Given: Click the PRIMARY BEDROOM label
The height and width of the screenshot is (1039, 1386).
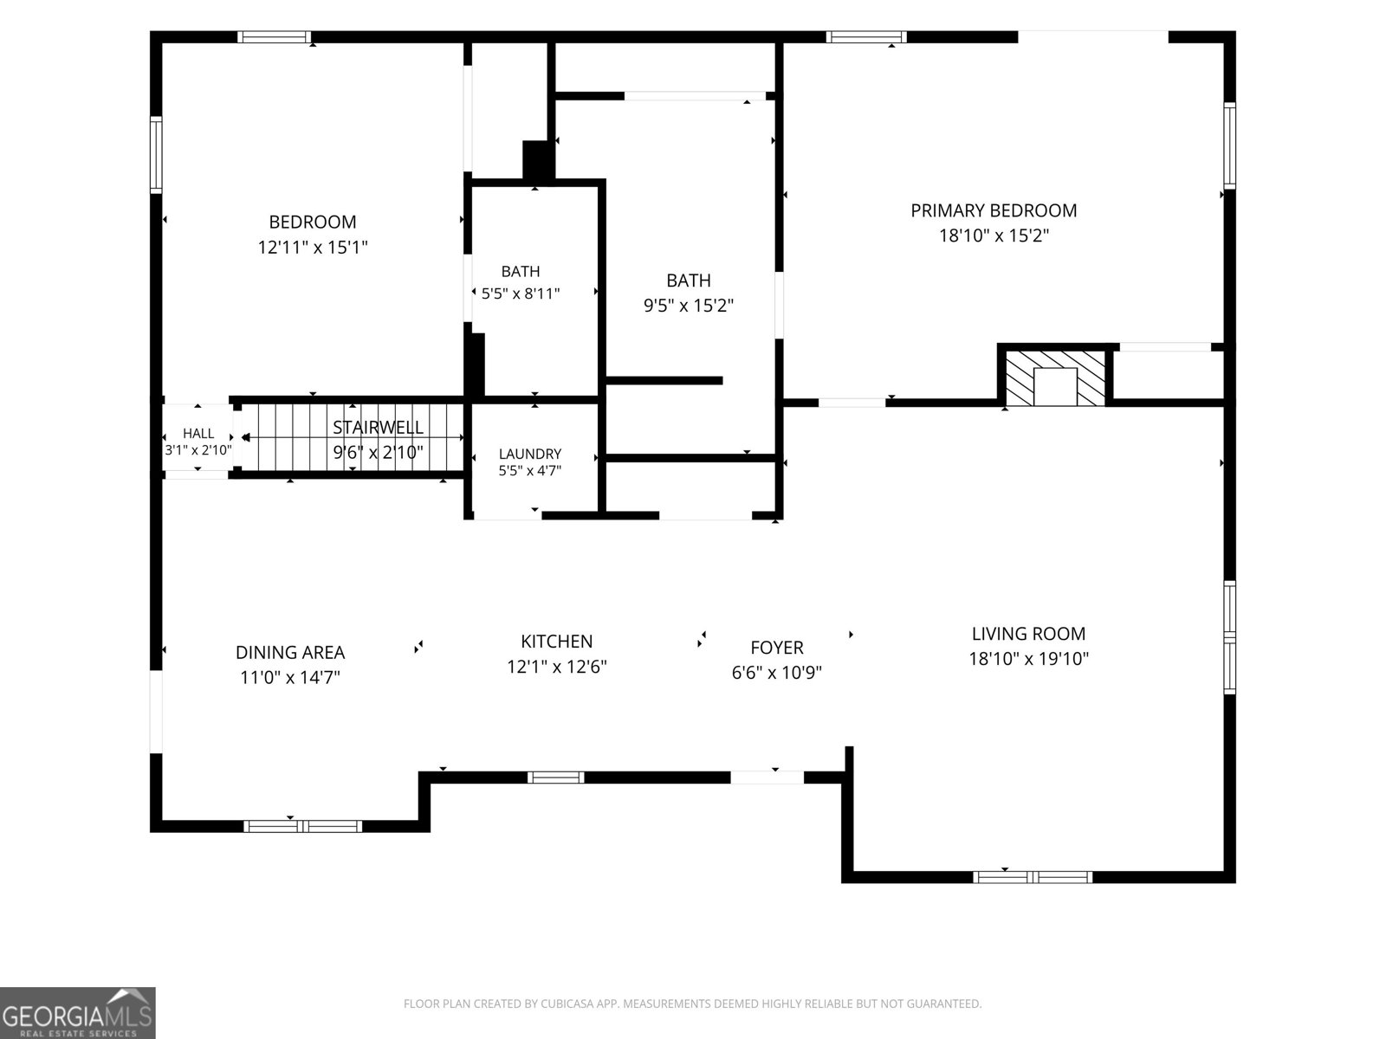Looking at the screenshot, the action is (x=994, y=210).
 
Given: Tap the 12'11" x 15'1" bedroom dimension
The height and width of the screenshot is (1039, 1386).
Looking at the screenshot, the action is (x=313, y=248).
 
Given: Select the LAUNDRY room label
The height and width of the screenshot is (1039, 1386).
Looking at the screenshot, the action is (x=530, y=454).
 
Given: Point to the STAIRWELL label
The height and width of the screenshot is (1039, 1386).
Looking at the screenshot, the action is (x=378, y=427).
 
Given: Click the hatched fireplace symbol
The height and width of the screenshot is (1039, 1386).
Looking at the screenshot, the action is (x=1054, y=378).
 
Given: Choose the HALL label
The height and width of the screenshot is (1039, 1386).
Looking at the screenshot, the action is (x=198, y=434).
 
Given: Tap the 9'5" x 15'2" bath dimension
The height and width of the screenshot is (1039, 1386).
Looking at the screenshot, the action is (x=689, y=306).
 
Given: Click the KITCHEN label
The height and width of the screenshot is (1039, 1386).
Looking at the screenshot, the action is (x=556, y=642).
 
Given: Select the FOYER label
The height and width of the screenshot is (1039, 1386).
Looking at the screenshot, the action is (x=777, y=648).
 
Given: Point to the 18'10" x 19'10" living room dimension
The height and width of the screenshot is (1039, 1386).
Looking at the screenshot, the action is (x=1028, y=659).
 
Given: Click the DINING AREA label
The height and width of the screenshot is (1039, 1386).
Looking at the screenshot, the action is (x=290, y=652).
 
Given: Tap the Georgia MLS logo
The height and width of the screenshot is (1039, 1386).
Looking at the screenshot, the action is (x=78, y=1013).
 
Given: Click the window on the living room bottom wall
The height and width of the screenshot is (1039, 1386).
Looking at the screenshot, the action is (x=1033, y=877).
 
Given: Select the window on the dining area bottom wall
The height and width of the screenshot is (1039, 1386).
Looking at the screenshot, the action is (x=302, y=826).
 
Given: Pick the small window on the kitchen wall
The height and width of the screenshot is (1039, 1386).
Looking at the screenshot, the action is (x=555, y=778).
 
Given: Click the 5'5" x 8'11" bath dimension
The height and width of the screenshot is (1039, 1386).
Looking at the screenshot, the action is (x=521, y=294).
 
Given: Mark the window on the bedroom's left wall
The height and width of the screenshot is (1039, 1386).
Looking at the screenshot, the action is (x=156, y=155).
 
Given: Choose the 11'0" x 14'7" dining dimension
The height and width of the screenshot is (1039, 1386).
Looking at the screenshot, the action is (x=290, y=678).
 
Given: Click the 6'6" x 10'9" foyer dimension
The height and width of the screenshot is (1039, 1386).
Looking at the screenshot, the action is (x=777, y=673).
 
